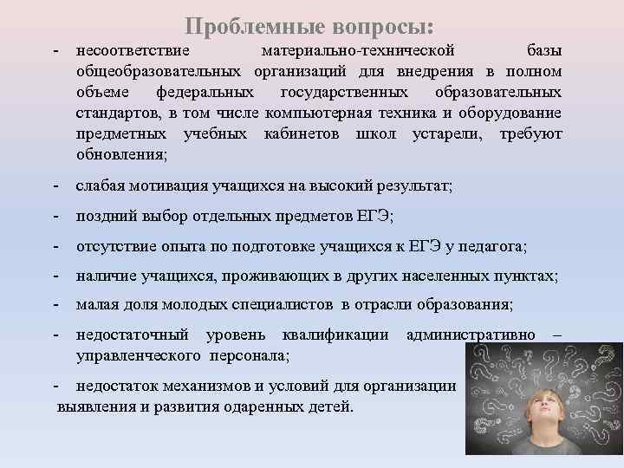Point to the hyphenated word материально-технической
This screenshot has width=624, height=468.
tap(357, 49)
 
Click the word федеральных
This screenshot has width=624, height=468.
tap(205, 92)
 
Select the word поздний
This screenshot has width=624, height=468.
tap(104, 217)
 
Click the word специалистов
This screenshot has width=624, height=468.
tap(288, 305)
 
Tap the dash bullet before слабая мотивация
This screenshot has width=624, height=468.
tap(55, 186)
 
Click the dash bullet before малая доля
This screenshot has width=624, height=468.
tap(55, 305)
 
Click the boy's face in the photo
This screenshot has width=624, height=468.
tap(521, 416)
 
